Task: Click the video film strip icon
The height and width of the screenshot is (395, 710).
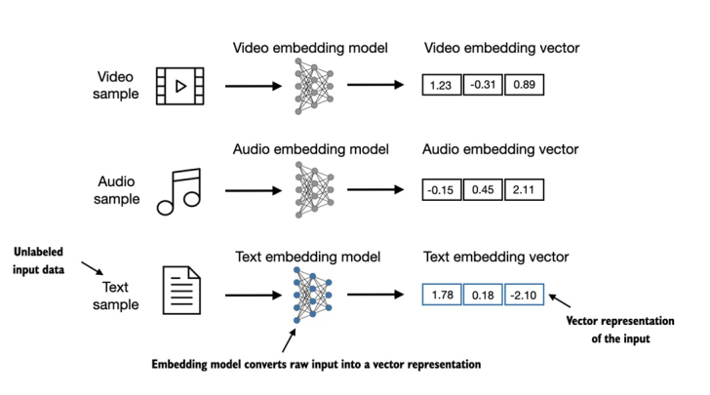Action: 180,86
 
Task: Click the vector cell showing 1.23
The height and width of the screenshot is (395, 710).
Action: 441,86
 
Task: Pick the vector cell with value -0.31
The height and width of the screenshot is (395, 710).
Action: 483,86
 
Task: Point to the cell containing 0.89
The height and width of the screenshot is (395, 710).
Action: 524,86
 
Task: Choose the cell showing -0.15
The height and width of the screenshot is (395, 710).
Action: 441,189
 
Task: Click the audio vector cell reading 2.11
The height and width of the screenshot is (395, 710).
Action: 524,189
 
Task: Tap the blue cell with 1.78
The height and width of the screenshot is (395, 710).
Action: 441,293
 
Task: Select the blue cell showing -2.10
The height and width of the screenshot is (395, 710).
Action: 524,293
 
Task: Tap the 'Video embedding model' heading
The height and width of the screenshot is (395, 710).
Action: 311,47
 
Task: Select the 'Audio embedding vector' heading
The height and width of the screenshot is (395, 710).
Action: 500,150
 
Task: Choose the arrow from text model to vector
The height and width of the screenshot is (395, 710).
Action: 375,292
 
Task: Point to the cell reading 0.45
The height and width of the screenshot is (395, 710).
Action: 483,189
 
